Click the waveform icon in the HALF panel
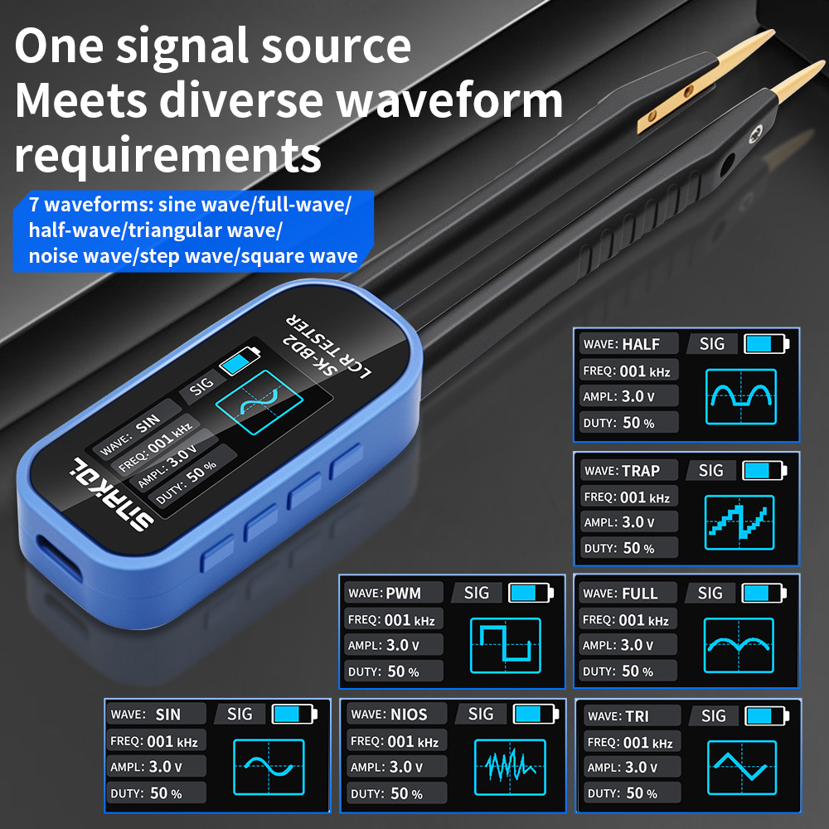pos(740,397)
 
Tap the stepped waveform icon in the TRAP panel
pos(739,522)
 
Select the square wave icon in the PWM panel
pos(506,646)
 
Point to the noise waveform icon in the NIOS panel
pos(510,767)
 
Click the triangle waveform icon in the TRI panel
pos(742,767)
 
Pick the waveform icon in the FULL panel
pos(739,645)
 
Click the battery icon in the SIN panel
pos(294,714)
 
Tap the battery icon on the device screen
pos(240,361)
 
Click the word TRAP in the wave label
pos(640,471)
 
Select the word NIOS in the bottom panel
pos(408,715)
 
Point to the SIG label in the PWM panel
pos(477,593)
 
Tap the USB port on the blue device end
pos(59,558)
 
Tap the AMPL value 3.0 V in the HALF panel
pos(638,396)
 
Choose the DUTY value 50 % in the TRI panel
pos(642,793)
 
